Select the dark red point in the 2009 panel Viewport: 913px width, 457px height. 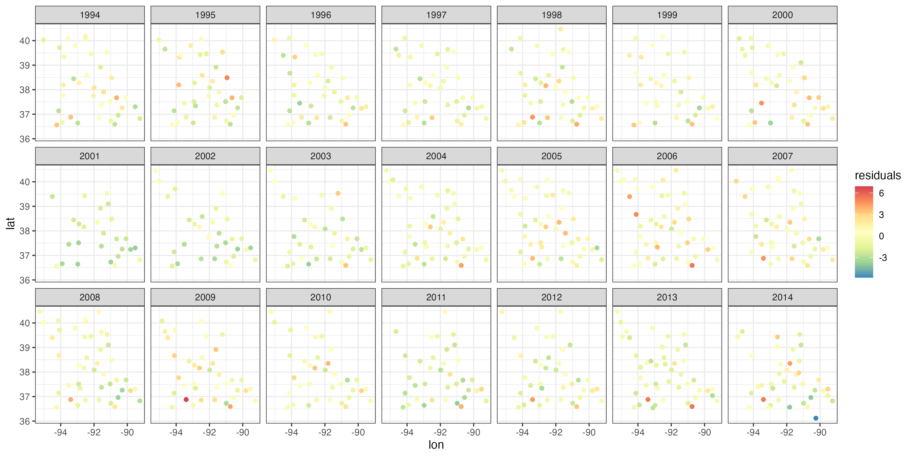pos(186,400)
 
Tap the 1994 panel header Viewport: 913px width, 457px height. pos(90,15)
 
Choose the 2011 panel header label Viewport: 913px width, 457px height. pos(436,297)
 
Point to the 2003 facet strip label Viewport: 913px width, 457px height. pos(320,156)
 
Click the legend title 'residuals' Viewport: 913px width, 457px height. pos(877,175)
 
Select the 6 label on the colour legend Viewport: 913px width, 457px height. pos(882,193)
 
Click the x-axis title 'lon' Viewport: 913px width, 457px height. pos(436,445)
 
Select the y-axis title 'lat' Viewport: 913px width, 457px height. pos(11,223)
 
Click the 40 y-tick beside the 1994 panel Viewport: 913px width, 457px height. pos(25,41)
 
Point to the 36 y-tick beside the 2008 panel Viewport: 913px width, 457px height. pos(25,421)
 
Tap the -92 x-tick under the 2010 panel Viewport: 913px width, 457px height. pos(325,433)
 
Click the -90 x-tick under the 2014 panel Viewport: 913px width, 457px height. pos(820,433)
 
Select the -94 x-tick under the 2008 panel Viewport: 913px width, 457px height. pos(60,433)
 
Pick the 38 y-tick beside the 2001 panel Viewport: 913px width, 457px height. pos(25,231)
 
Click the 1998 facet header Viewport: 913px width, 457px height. pos(552,15)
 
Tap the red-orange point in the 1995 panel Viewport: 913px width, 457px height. pos(227,78)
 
